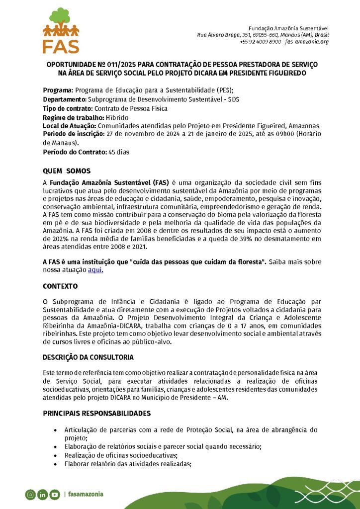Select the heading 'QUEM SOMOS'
pyautogui.click(x=67, y=171)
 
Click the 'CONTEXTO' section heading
pyautogui.click(x=60, y=287)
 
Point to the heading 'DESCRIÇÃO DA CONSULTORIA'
pyautogui.click(x=88, y=357)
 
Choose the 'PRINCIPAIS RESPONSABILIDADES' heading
pyautogui.click(x=96, y=414)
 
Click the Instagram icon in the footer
pyautogui.click(x=31, y=494)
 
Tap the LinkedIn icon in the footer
pyautogui.click(x=42, y=494)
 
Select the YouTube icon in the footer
pyautogui.click(x=54, y=494)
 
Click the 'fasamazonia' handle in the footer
pyautogui.click(x=86, y=494)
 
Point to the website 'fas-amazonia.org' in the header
pyautogui.click(x=307, y=42)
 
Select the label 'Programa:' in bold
pyautogui.click(x=58, y=90)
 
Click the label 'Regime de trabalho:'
pyautogui.click(x=74, y=117)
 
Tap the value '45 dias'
pyautogui.click(x=119, y=152)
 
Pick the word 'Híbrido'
pyautogui.click(x=117, y=117)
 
